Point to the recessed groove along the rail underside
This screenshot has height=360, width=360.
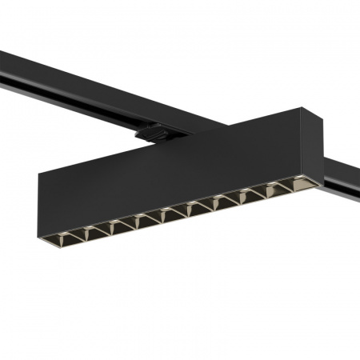[80, 100]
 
